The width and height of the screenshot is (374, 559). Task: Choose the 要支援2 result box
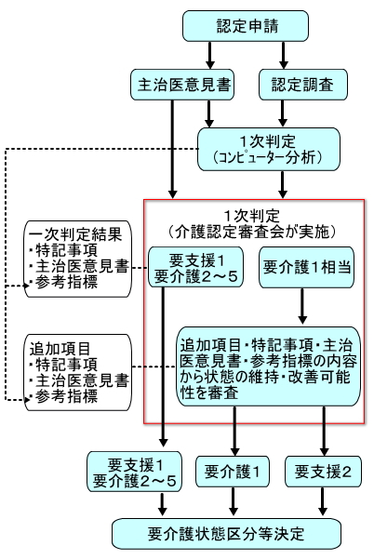coord(321,472)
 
